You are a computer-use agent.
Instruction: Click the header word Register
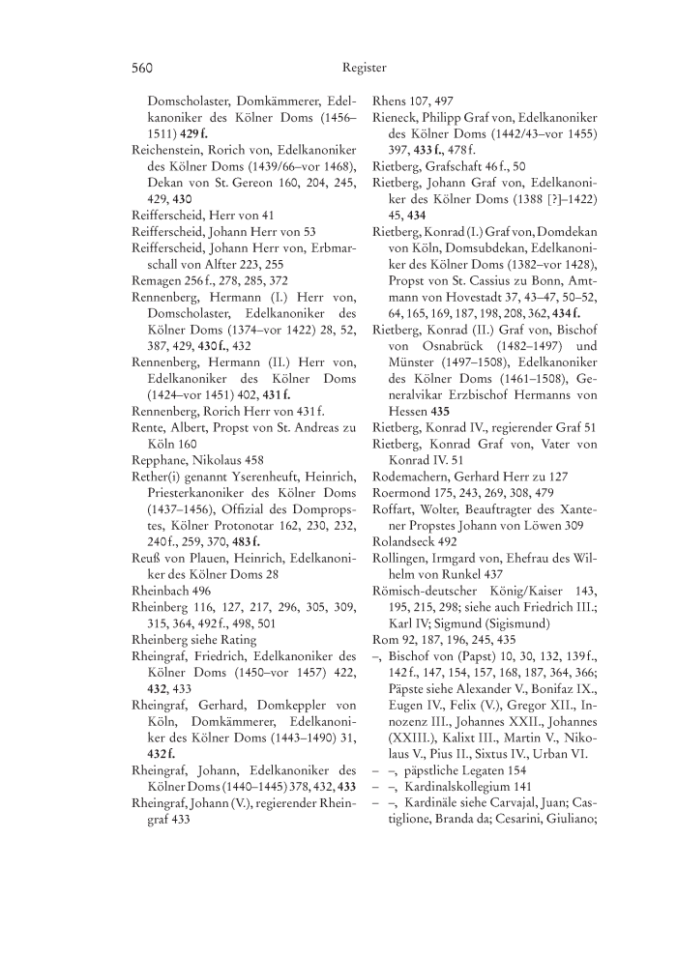click(364, 69)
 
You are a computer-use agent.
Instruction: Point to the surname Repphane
click(158, 460)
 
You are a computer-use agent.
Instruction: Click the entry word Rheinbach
click(161, 590)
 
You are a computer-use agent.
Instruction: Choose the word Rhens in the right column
click(389, 101)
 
